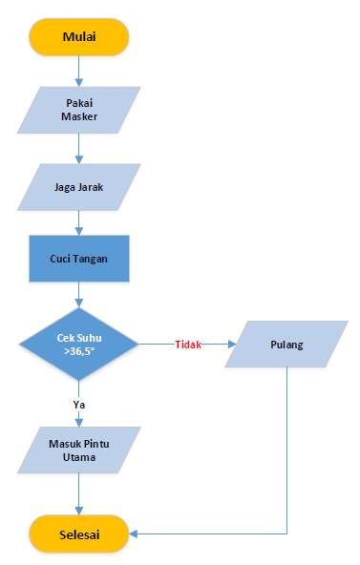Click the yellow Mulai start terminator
click(78, 36)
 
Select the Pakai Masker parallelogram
click(78, 110)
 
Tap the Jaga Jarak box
click(78, 187)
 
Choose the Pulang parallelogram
click(286, 344)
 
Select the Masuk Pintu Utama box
click(78, 450)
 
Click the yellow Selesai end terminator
click(78, 532)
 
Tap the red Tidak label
click(188, 345)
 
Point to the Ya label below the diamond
click(79, 404)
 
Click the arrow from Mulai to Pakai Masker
click(78, 71)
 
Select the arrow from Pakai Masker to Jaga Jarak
click(78, 148)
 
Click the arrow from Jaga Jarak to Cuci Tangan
click(78, 222)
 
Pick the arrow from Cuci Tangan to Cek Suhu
click(78, 295)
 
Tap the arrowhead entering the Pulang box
click(230, 344)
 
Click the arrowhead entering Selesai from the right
click(133, 532)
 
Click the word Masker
click(79, 116)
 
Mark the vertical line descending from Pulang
click(286, 449)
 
